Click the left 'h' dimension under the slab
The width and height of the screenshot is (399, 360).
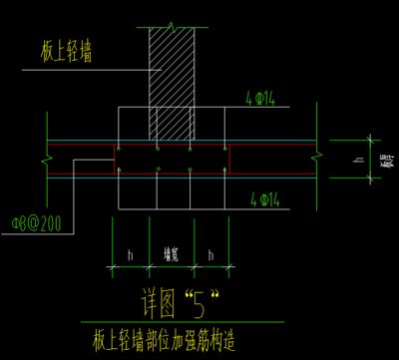click(x=130, y=255)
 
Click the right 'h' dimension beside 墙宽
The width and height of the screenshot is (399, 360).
click(x=211, y=255)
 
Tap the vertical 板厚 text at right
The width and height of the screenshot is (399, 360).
click(x=385, y=159)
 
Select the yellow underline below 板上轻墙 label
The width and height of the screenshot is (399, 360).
click(x=70, y=69)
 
